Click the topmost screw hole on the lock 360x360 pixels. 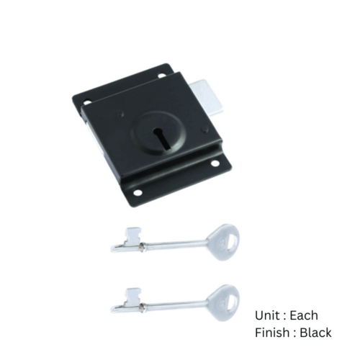[x=161, y=73]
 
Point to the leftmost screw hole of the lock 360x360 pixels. [x=86, y=102]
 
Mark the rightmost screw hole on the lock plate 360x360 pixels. [x=214, y=163]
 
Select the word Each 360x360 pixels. [x=303, y=315]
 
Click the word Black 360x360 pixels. [x=316, y=333]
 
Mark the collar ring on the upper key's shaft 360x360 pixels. [x=145, y=246]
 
